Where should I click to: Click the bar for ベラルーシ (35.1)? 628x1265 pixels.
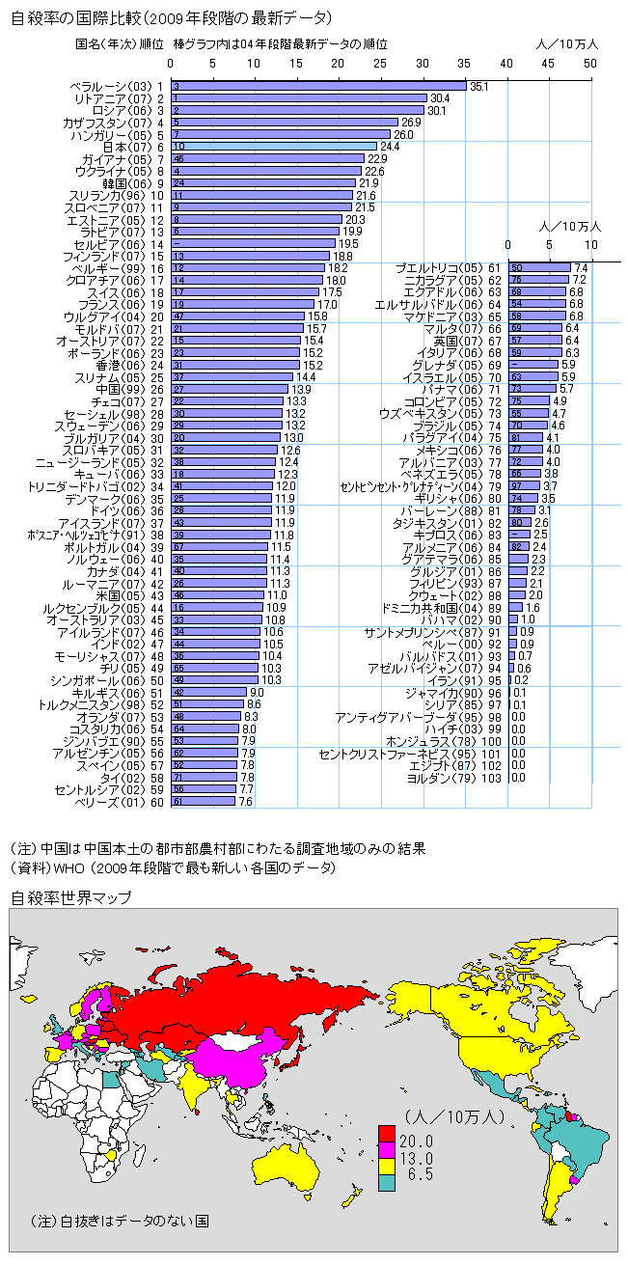point(318,86)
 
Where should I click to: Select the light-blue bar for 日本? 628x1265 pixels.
point(274,146)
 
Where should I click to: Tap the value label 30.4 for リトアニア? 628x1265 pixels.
point(440,98)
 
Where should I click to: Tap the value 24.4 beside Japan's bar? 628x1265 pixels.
point(390,147)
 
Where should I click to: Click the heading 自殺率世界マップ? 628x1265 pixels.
point(71,897)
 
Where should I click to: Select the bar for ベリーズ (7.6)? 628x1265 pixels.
point(204,801)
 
